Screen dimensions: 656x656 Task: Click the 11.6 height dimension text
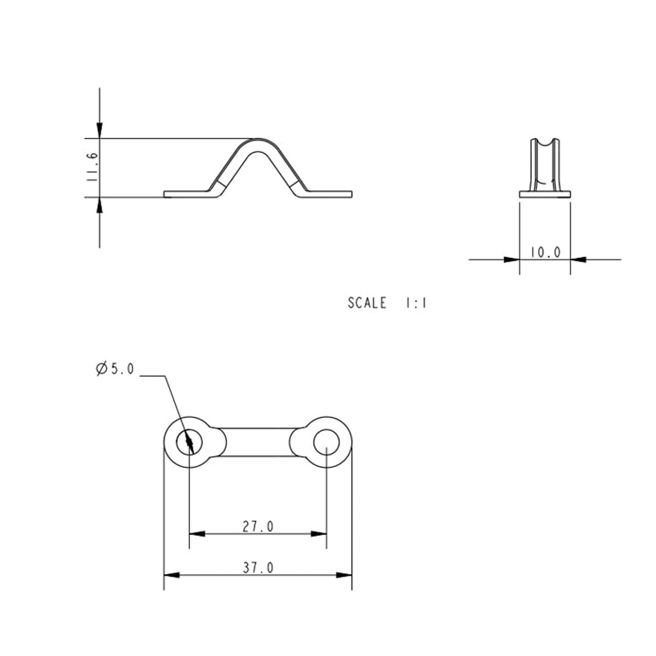pyautogui.click(x=92, y=167)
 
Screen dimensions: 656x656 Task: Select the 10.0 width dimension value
pyautogui.click(x=545, y=252)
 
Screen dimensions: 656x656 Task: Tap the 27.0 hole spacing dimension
pyautogui.click(x=258, y=527)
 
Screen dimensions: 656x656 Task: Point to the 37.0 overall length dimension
pyautogui.click(x=258, y=567)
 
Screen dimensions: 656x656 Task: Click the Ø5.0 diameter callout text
pyautogui.click(x=115, y=368)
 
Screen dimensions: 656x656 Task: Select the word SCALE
pyautogui.click(x=367, y=303)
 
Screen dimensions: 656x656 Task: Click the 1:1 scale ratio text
pyautogui.click(x=416, y=303)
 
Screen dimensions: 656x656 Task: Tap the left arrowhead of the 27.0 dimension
pyautogui.click(x=197, y=534)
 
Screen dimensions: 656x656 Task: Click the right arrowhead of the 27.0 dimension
pyautogui.click(x=319, y=534)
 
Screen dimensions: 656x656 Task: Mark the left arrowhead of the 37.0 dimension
pyautogui.click(x=172, y=575)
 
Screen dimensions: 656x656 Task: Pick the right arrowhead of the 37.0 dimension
pyautogui.click(x=344, y=575)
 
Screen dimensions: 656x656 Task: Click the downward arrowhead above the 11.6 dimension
pyautogui.click(x=99, y=130)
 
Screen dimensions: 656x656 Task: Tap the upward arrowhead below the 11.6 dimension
pyautogui.click(x=99, y=205)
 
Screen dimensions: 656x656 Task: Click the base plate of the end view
pyautogui.click(x=545, y=194)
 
